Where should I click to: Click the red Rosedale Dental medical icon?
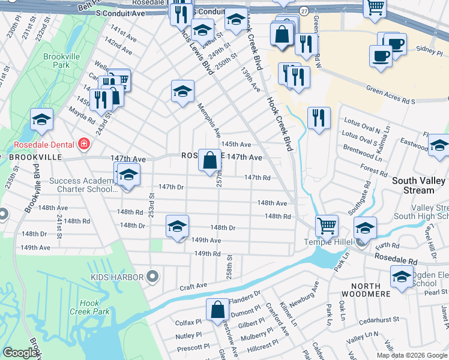pyautogui.click(x=83, y=144)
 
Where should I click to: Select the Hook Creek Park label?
pyautogui.click(x=93, y=308)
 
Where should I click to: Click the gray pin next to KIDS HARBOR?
pyautogui.click(x=152, y=277)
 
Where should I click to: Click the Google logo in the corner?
pyautogui.click(x=21, y=353)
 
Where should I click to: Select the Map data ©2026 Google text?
pyautogui.click(x=412, y=355)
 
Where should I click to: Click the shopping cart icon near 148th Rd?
pyautogui.click(x=327, y=227)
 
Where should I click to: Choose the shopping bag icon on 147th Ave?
pyautogui.click(x=209, y=161)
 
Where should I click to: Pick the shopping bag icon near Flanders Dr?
pyautogui.click(x=217, y=310)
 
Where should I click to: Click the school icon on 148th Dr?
pyautogui.click(x=177, y=227)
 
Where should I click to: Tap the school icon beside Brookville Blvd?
pyautogui.click(x=41, y=119)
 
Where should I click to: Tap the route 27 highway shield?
pyautogui.click(x=304, y=11)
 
